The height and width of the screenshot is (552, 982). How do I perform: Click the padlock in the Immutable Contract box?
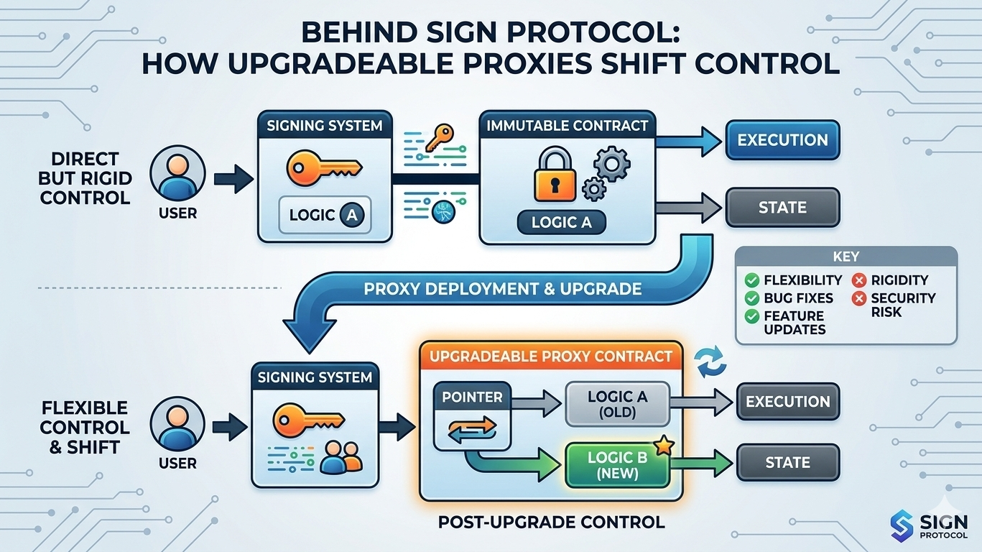(555, 177)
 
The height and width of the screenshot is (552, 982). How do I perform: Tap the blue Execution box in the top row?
(782, 139)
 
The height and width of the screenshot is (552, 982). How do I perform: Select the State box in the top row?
(782, 208)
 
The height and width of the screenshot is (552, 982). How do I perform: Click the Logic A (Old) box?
(617, 405)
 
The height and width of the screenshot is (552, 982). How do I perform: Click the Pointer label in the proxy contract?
(472, 397)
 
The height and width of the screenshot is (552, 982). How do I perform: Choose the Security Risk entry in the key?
(902, 305)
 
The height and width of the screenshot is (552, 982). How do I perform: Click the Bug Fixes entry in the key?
(798, 298)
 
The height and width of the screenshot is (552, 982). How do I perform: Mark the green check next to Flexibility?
(752, 280)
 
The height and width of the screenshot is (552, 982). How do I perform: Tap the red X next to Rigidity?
(858, 280)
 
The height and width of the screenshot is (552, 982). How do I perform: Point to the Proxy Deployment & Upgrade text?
(502, 289)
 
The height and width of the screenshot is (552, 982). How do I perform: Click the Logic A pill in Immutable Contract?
(561, 222)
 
